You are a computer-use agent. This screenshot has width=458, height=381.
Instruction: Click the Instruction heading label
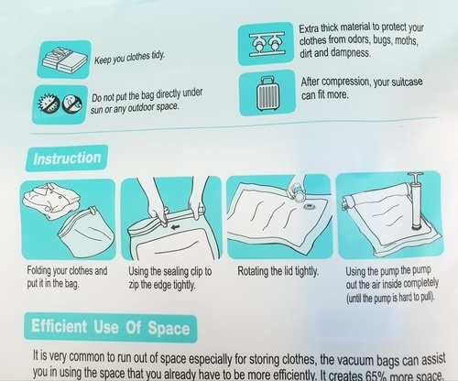67,158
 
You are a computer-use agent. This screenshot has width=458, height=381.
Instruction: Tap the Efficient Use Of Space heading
111,327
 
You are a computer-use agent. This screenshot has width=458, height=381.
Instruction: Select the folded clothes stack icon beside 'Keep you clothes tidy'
64,60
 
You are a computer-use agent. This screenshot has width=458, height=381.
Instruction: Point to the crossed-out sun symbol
49,103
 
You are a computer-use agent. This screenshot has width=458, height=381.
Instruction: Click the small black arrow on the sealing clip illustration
175,227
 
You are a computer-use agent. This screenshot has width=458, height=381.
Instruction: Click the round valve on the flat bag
309,206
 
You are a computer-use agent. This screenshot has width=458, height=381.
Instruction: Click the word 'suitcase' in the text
407,82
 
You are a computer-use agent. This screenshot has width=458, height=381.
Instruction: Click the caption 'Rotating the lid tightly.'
278,271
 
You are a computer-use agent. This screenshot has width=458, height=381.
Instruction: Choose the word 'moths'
407,40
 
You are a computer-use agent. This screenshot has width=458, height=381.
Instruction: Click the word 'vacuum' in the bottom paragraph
353,360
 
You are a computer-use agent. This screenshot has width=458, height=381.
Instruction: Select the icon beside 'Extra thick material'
266,43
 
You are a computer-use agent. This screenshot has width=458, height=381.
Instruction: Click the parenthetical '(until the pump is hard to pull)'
390,298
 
